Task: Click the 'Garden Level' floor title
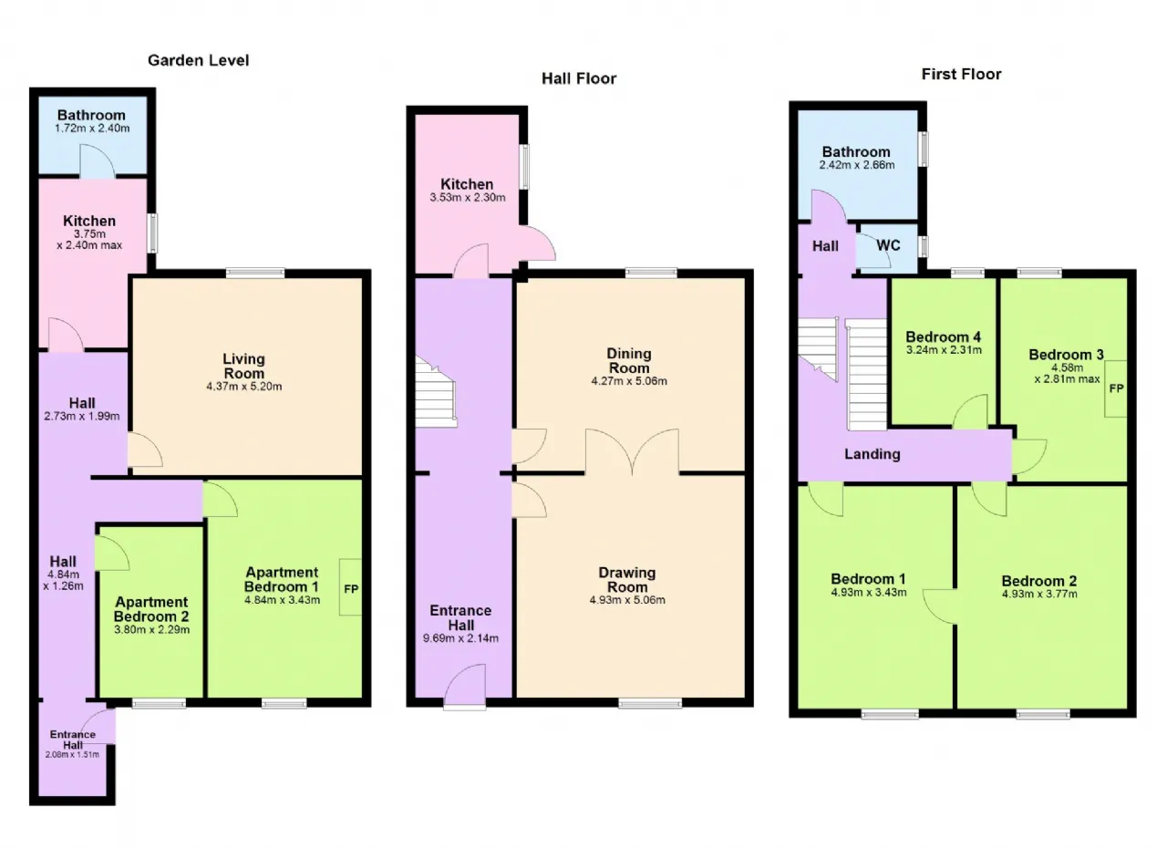click(x=199, y=60)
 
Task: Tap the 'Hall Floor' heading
click(x=579, y=78)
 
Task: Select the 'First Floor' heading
click(x=961, y=74)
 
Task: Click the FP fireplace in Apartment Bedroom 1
click(x=351, y=587)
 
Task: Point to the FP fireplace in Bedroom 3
click(x=1116, y=388)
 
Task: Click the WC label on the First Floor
click(x=888, y=245)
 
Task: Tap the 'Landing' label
click(x=873, y=454)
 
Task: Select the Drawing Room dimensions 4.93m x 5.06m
click(x=627, y=600)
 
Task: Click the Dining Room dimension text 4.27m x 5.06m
click(x=629, y=381)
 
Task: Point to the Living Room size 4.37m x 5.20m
click(x=243, y=386)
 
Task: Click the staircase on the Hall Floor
click(x=436, y=392)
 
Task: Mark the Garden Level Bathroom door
click(x=98, y=160)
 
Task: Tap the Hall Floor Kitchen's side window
click(x=525, y=166)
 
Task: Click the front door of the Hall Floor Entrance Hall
click(x=465, y=687)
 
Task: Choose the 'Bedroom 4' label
click(x=943, y=336)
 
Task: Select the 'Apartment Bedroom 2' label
click(x=151, y=609)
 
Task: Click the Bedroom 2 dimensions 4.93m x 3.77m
click(x=1039, y=594)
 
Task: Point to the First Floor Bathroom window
click(x=923, y=149)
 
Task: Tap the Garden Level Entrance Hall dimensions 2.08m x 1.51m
click(x=72, y=754)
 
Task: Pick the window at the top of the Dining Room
click(x=651, y=273)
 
